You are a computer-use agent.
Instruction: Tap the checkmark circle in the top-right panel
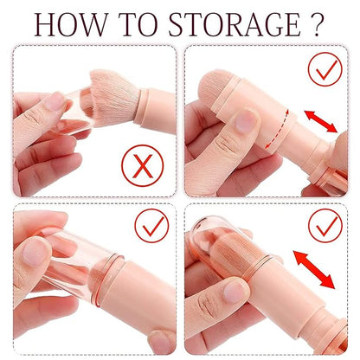pos(325,69)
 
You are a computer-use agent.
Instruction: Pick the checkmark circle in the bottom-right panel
pos(325,227)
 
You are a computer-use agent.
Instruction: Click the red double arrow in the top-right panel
pos(320,123)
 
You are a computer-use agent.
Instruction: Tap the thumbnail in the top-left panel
pos(56,101)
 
